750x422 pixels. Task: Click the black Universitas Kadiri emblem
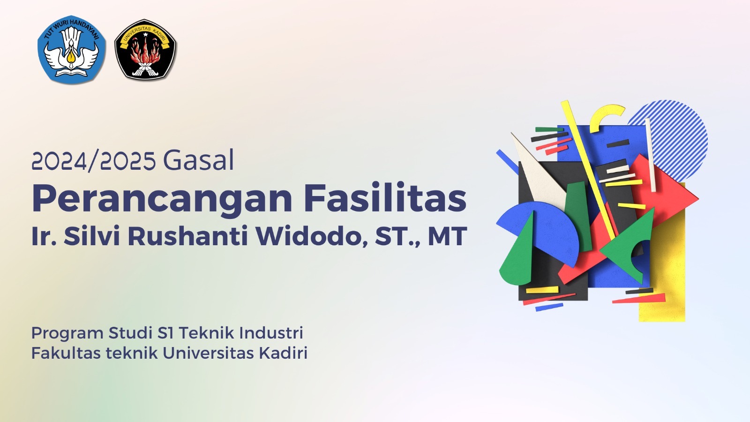click(x=145, y=49)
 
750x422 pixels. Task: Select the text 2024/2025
click(x=94, y=161)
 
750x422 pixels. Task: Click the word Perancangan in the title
click(x=162, y=200)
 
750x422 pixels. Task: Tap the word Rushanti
click(x=188, y=236)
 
